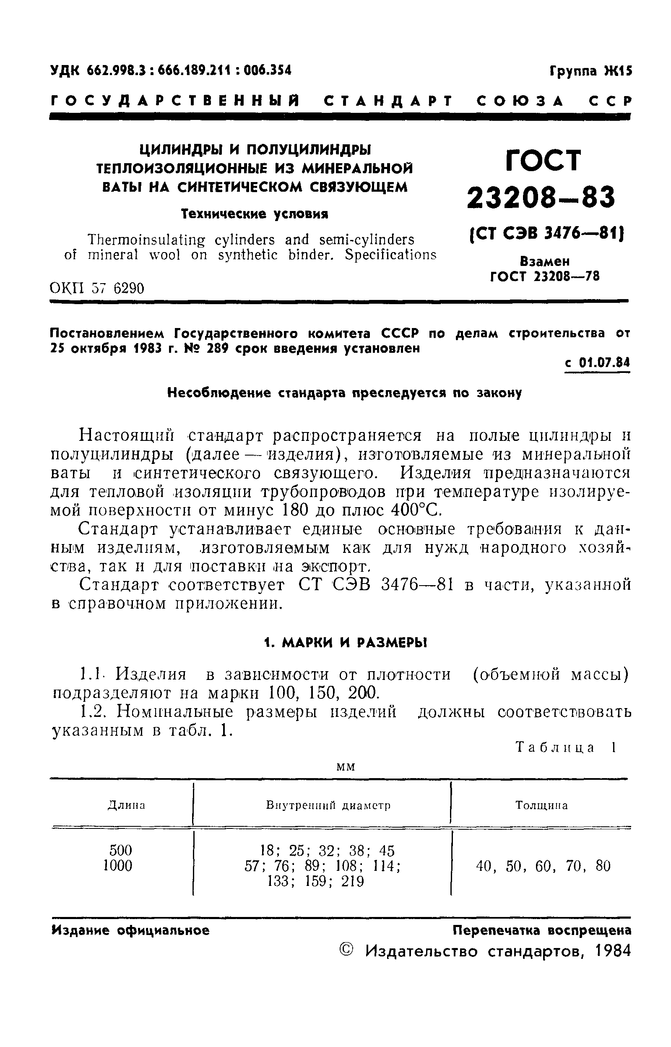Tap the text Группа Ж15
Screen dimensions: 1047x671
(x=590, y=71)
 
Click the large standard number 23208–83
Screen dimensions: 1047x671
(x=541, y=196)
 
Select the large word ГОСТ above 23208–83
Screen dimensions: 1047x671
(x=544, y=160)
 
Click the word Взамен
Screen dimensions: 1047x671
(x=545, y=261)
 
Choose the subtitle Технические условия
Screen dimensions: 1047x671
(x=255, y=214)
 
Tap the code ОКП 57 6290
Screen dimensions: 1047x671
(x=97, y=289)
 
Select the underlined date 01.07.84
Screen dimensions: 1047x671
(x=605, y=363)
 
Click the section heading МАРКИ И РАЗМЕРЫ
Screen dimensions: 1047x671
(x=354, y=643)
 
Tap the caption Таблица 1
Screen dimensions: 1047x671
(x=566, y=747)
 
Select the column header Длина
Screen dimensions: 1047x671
(x=126, y=805)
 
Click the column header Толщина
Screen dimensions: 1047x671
(x=541, y=805)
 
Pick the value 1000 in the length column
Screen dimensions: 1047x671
(x=118, y=865)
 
